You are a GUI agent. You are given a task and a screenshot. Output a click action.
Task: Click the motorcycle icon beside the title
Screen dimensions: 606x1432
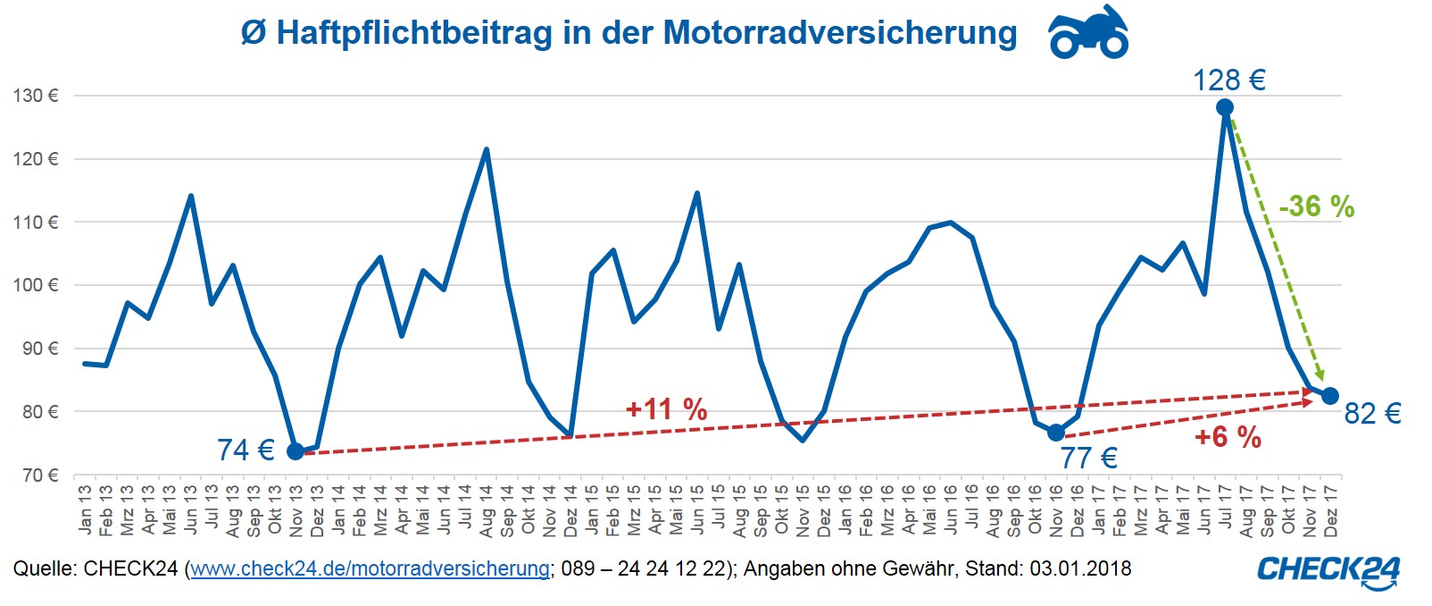tap(1088, 32)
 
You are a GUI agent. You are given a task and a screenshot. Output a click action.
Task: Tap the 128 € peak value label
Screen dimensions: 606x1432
tap(1229, 80)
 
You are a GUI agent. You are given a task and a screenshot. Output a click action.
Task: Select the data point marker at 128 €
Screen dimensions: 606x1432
tap(1225, 107)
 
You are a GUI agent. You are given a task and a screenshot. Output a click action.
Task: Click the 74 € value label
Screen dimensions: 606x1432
tap(246, 450)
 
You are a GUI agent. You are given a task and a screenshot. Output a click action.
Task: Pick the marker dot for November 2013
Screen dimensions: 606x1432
tap(296, 451)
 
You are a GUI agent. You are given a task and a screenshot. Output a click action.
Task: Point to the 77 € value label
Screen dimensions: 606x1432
tap(1088, 459)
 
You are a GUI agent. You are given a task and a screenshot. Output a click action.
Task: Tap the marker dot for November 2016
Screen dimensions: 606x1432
tap(1056, 433)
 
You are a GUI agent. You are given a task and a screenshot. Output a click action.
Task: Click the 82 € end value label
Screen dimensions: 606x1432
tap(1372, 413)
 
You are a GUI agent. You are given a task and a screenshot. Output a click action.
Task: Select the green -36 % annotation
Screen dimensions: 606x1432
tap(1317, 207)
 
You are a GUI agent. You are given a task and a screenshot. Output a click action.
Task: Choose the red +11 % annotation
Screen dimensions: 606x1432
tap(666, 409)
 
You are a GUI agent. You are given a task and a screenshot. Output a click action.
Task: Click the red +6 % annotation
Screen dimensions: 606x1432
tap(1228, 437)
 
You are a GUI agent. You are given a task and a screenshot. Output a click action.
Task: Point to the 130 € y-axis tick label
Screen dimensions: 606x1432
tap(36, 96)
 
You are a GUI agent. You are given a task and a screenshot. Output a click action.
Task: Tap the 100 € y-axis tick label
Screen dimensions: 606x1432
tap(36, 285)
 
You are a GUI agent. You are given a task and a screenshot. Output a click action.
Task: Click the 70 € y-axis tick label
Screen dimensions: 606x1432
tap(39, 476)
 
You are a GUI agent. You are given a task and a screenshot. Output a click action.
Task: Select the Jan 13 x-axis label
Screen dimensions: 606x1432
tap(86, 510)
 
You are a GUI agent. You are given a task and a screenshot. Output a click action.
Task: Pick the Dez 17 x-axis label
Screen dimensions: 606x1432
tap(1331, 510)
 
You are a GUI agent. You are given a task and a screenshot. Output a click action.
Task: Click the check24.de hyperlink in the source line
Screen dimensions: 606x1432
tap(370, 568)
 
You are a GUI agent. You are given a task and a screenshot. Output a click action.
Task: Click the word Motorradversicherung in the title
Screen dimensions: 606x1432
tap(840, 33)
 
